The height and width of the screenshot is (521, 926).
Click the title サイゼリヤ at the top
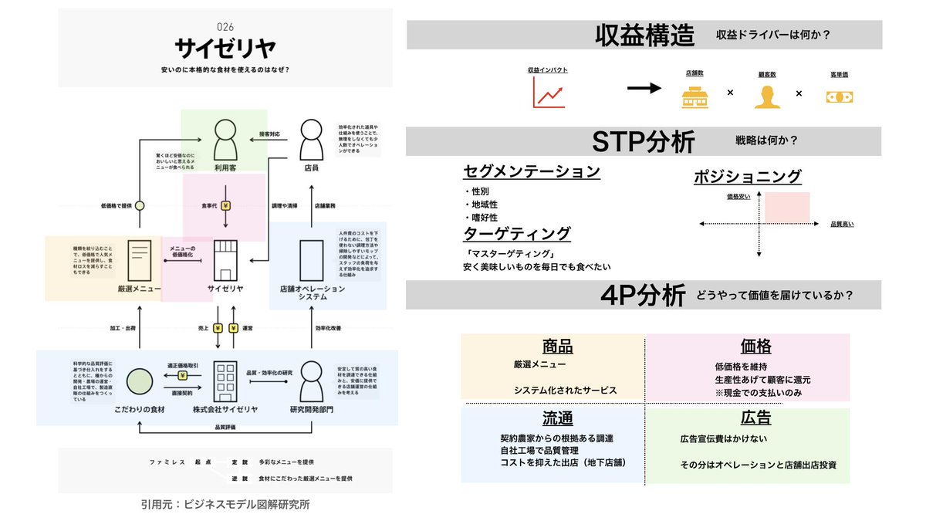(x=225, y=49)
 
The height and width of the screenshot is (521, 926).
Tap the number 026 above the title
(x=225, y=26)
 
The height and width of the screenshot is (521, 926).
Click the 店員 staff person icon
(x=310, y=137)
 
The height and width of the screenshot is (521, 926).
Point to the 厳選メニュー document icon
(x=140, y=260)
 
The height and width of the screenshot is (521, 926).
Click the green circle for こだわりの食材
(x=139, y=381)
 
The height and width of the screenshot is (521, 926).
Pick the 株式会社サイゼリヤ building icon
(x=225, y=378)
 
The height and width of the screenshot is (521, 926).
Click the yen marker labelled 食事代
(x=225, y=206)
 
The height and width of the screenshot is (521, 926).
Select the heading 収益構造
(x=644, y=35)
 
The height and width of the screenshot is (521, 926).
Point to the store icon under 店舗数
(x=694, y=95)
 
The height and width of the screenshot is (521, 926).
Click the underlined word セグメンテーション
(x=532, y=171)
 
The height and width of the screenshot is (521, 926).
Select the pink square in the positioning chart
(x=787, y=207)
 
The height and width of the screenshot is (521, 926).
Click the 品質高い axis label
(x=842, y=224)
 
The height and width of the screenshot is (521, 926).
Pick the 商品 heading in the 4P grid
(x=557, y=347)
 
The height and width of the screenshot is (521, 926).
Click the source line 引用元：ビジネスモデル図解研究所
(x=225, y=504)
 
